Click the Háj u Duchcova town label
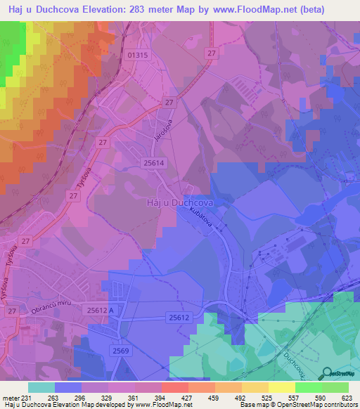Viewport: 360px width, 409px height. [179, 202]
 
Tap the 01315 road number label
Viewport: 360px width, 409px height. [139, 55]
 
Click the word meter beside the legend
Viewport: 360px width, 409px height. [10, 397]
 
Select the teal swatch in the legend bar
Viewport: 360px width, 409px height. [41, 387]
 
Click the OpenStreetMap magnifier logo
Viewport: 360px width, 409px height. [328, 373]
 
